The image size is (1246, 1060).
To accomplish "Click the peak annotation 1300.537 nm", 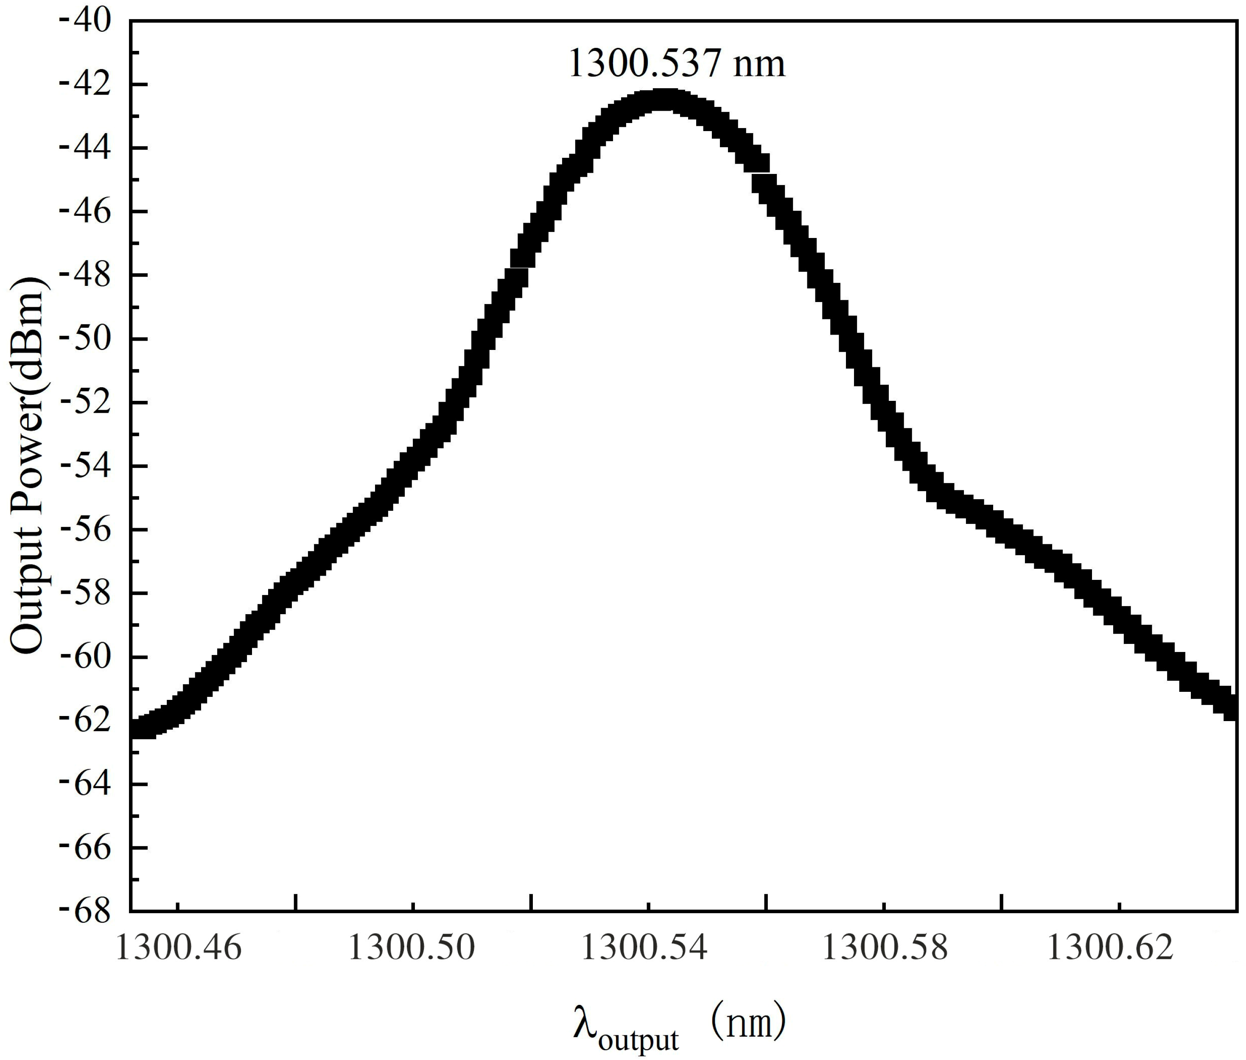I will click(x=676, y=64).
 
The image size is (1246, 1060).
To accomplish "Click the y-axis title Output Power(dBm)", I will click(x=28, y=466).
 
